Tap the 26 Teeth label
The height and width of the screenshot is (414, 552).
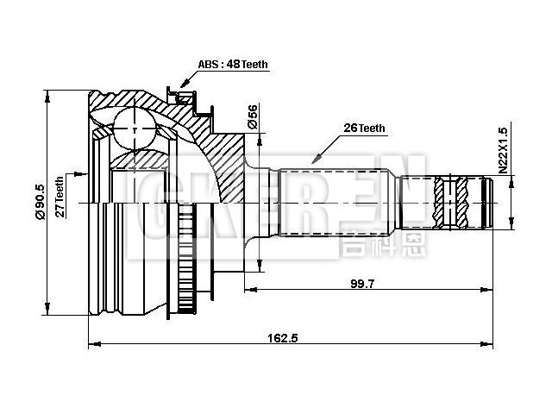[x=364, y=128]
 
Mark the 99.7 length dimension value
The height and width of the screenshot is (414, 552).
[x=361, y=284]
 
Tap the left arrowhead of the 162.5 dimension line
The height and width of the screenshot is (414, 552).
[x=92, y=347]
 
